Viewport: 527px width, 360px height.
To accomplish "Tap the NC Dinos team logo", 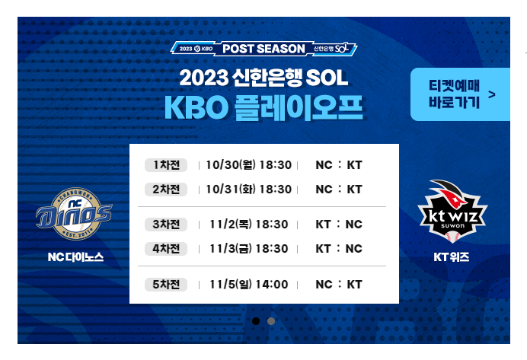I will click(x=74, y=214).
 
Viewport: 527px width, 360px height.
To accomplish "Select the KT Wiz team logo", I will click(x=452, y=209).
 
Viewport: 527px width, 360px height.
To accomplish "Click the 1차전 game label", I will click(x=165, y=165).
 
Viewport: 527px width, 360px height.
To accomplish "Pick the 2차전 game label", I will click(x=165, y=190).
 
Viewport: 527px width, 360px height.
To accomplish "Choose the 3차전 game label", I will click(x=165, y=225).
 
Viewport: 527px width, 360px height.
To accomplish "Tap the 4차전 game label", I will click(x=165, y=249).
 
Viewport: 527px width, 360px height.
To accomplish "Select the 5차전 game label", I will click(x=165, y=285).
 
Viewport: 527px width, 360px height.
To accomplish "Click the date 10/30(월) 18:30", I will click(x=248, y=165).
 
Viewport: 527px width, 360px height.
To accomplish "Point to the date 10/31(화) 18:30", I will click(x=248, y=190).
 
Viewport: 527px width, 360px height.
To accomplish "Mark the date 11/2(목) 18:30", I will click(x=249, y=225).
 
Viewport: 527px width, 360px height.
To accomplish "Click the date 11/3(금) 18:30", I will click(x=249, y=249).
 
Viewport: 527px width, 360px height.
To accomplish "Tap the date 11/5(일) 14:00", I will click(x=249, y=285).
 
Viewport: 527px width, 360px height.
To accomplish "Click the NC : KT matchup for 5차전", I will click(x=339, y=285).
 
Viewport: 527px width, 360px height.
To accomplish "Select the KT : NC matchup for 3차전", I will click(x=339, y=225).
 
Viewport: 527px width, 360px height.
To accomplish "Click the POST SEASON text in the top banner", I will click(x=263, y=49).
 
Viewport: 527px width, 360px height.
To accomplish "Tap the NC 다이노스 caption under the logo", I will click(x=74, y=257).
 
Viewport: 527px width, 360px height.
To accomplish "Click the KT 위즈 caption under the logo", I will click(x=452, y=257).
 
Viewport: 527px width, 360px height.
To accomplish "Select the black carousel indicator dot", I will click(x=256, y=320).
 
